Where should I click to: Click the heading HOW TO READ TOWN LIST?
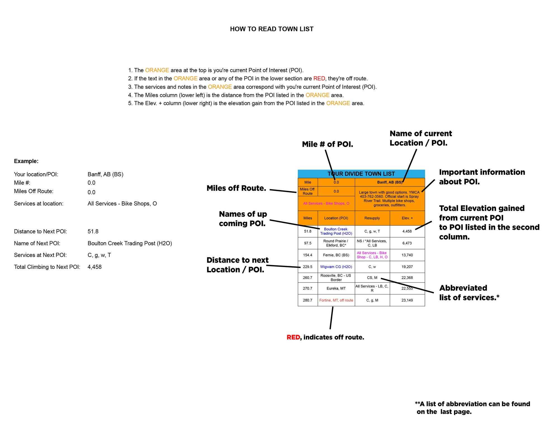[271, 29]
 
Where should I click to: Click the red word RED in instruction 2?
[319, 79]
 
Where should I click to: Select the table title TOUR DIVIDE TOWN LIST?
[361, 174]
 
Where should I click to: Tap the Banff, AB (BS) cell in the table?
[389, 182]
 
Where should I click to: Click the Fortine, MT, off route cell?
[336, 300]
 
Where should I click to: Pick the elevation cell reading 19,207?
[407, 267]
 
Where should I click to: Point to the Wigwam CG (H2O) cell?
[336, 267]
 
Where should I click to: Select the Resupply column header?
[372, 218]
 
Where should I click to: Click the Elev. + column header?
[407, 218]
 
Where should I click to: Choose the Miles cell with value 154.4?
[308, 255]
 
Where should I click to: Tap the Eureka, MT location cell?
[336, 288]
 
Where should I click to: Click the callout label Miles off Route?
[236, 188]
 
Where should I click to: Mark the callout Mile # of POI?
[327, 144]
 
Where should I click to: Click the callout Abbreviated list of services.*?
[469, 293]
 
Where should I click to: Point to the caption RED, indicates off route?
[325, 337]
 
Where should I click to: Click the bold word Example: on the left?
[26, 161]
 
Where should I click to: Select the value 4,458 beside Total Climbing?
[94, 267]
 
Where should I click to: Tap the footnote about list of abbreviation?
[472, 408]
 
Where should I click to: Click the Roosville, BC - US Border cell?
[336, 278]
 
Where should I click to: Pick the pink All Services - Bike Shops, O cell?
[326, 204]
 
